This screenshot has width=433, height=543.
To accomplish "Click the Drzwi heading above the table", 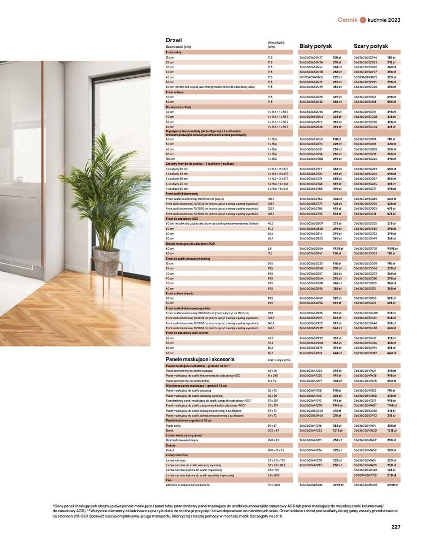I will (174, 40).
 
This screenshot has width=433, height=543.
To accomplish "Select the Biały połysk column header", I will (315, 46).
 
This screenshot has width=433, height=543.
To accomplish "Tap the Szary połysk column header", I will (371, 46).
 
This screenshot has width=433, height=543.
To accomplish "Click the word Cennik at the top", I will (347, 20).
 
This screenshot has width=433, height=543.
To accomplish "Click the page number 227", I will (396, 527).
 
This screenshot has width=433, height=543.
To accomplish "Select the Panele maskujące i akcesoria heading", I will (200, 359).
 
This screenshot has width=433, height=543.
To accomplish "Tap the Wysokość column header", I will (276, 44).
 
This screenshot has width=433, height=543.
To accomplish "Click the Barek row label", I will (170, 431).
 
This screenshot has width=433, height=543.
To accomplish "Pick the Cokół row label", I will (170, 451).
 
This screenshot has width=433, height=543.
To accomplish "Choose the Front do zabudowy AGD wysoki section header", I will (187, 333).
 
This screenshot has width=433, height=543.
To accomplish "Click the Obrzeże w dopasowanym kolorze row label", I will (187, 485).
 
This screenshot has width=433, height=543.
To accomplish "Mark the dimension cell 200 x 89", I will (273, 431).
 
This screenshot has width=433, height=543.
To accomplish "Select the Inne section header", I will (169, 480).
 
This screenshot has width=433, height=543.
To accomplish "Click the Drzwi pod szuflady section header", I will (178, 107).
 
